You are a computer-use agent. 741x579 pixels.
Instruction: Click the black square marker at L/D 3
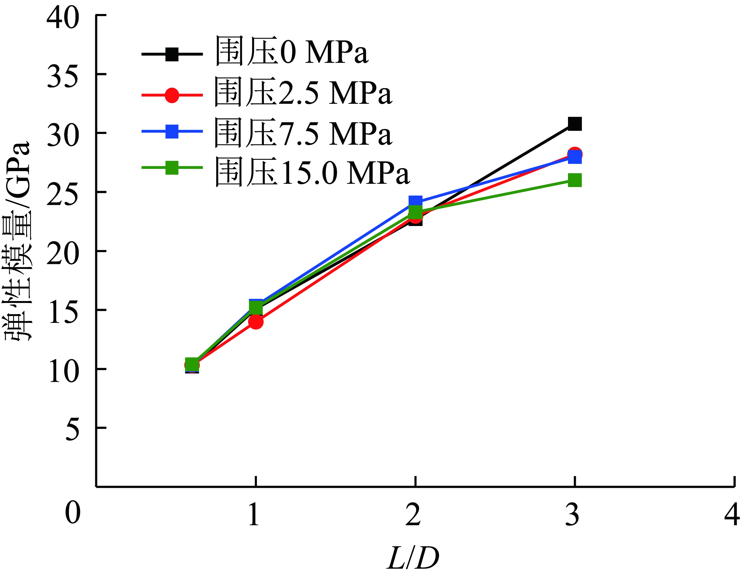coord(575,124)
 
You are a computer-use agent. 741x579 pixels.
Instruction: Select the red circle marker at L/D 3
coord(575,154)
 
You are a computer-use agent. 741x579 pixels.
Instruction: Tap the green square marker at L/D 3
coord(575,180)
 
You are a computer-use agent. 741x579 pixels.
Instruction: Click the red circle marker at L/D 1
coord(255,321)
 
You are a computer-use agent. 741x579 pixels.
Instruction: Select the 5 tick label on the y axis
coord(72,429)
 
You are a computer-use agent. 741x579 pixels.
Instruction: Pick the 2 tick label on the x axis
coord(413,514)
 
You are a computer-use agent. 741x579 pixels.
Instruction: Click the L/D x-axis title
coord(413,558)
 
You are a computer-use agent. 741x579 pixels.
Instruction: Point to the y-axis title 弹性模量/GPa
coord(17,241)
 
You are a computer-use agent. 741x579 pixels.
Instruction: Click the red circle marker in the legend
coord(172,95)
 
